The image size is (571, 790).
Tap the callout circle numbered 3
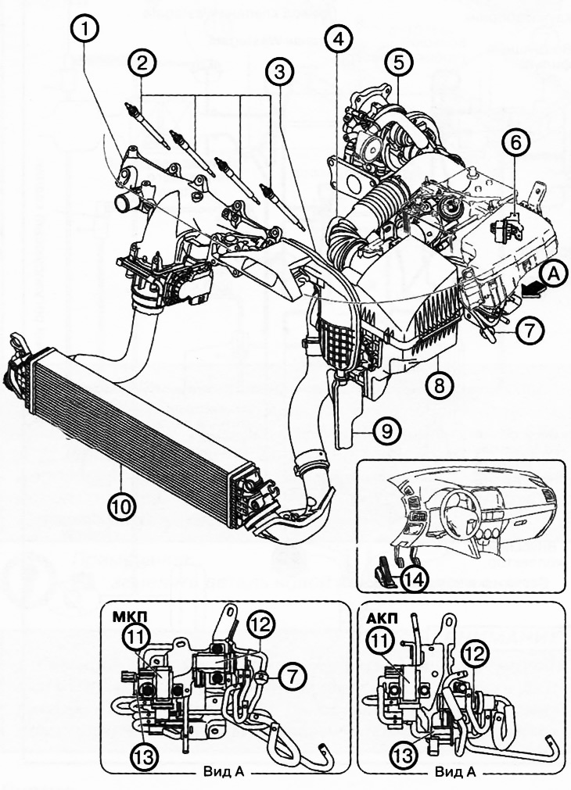point(278,75)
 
